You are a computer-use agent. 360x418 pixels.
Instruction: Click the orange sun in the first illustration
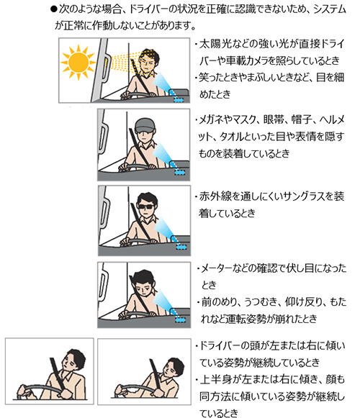(x=78, y=63)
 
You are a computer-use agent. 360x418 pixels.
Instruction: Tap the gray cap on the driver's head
(x=145, y=125)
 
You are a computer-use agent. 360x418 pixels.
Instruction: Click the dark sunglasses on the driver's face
(x=146, y=206)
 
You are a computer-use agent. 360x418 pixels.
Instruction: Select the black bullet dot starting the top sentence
(x=54, y=10)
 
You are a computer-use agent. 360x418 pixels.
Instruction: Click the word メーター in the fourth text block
(x=217, y=268)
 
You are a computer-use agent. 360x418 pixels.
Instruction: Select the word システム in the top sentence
(x=330, y=10)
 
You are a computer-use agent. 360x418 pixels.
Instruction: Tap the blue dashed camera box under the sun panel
(x=179, y=100)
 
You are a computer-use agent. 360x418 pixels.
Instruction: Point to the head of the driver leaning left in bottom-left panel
(x=73, y=360)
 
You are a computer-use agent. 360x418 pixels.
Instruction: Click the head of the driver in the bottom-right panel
(x=174, y=368)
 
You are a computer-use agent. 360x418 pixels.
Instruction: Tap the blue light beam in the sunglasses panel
(x=163, y=228)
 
